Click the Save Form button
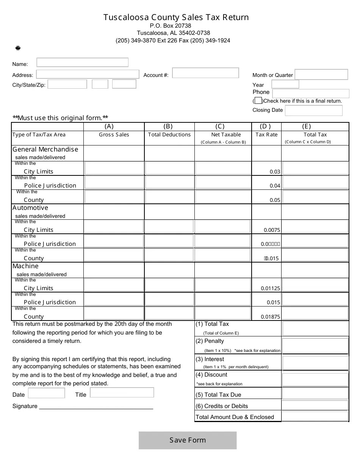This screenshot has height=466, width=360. pyautogui.click(x=188, y=440)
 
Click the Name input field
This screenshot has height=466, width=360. pyautogui.click(x=82, y=63)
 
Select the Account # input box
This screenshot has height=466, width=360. pyautogui.click(x=205, y=73)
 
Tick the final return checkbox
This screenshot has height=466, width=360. pyautogui.click(x=258, y=101)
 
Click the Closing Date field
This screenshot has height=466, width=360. pyautogui.click(x=313, y=110)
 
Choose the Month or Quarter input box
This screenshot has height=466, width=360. pyautogui.click(x=321, y=75)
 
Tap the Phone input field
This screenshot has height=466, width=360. pyautogui.click(x=310, y=93)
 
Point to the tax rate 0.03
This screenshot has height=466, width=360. pyautogui.click(x=275, y=172)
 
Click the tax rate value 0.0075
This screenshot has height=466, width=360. pyautogui.click(x=272, y=230)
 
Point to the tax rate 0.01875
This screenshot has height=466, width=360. pyautogui.click(x=270, y=317)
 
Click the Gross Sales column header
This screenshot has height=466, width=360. pyautogui.click(x=114, y=134)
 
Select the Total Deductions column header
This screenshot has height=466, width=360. pyautogui.click(x=169, y=134)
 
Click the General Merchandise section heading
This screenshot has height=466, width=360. pyautogui.click(x=45, y=149)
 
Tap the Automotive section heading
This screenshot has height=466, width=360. pyautogui.click(x=30, y=208)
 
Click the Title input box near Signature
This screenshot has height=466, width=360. pyautogui.click(x=122, y=393)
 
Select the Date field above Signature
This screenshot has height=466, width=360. pyautogui.click(x=46, y=393)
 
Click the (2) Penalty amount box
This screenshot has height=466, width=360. pyautogui.click(x=315, y=346)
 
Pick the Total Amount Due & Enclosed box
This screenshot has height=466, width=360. pyautogui.click(x=315, y=416)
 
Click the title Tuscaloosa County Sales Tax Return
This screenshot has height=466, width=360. pyautogui.click(x=176, y=17)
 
